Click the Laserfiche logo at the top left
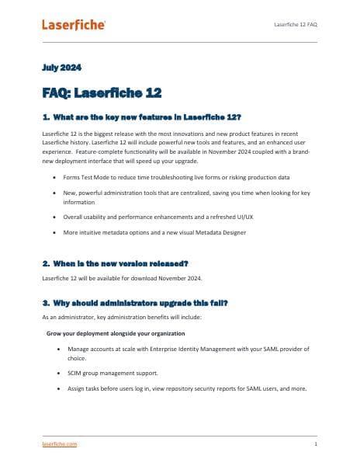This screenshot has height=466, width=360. [74, 25]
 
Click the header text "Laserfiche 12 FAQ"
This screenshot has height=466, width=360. [296, 25]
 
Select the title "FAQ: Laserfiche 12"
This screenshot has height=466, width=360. [101, 93]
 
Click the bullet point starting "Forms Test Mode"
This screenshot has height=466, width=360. [176, 177]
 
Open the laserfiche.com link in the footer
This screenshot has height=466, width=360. [60, 443]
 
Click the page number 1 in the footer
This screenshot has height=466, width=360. [316, 443]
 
